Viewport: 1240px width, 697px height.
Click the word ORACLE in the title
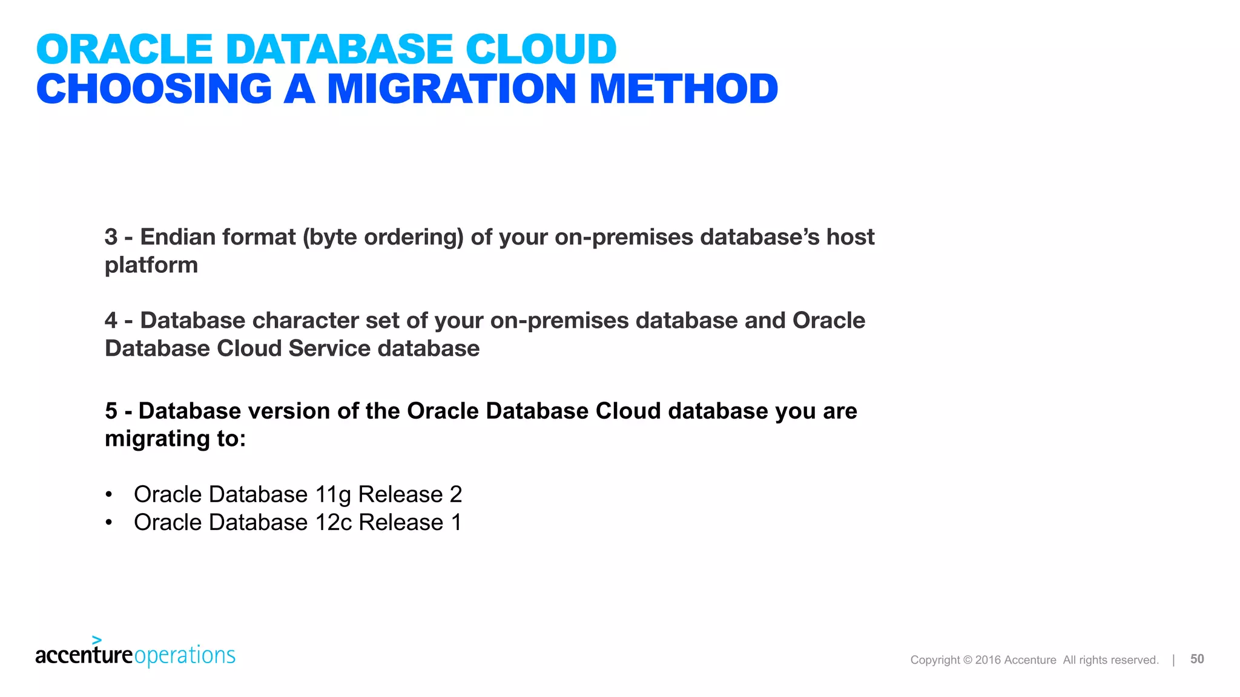pos(124,50)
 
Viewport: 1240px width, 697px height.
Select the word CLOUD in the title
pos(541,50)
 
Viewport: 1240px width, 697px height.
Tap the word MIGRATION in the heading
pos(451,90)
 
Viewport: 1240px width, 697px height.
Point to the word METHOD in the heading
pos(684,90)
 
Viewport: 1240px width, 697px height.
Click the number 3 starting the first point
pos(111,237)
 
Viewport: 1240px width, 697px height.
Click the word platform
pos(151,265)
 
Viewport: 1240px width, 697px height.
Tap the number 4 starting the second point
pos(111,321)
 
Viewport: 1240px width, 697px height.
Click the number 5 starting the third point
pos(111,411)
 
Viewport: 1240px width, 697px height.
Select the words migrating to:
pos(176,439)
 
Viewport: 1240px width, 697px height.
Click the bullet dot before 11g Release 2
pos(109,495)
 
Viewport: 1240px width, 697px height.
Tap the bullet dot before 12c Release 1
pos(109,523)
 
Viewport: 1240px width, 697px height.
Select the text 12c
pos(334,523)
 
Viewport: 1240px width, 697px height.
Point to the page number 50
pos(1197,659)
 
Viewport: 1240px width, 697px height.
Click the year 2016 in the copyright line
pos(988,660)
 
